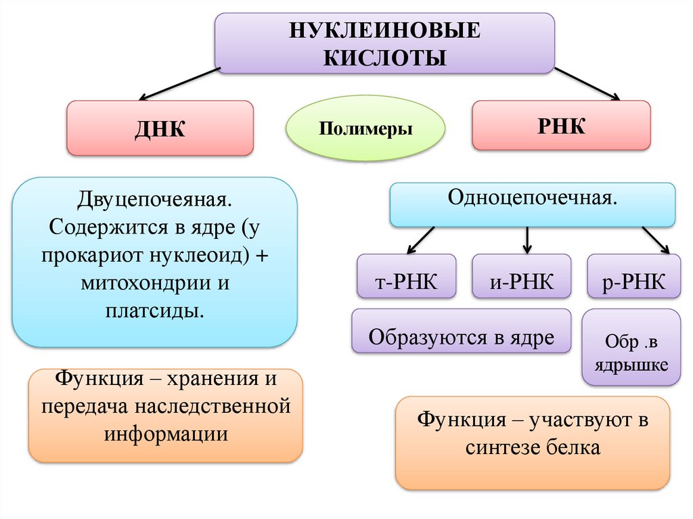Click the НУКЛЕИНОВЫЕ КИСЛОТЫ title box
tap(384, 43)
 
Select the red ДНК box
tap(160, 128)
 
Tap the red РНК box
tap(561, 125)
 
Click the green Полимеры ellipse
tap(366, 129)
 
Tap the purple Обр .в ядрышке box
tap(631, 355)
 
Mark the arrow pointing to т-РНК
tap(421, 240)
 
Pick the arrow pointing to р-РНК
tap(654, 240)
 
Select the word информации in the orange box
tap(166, 434)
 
